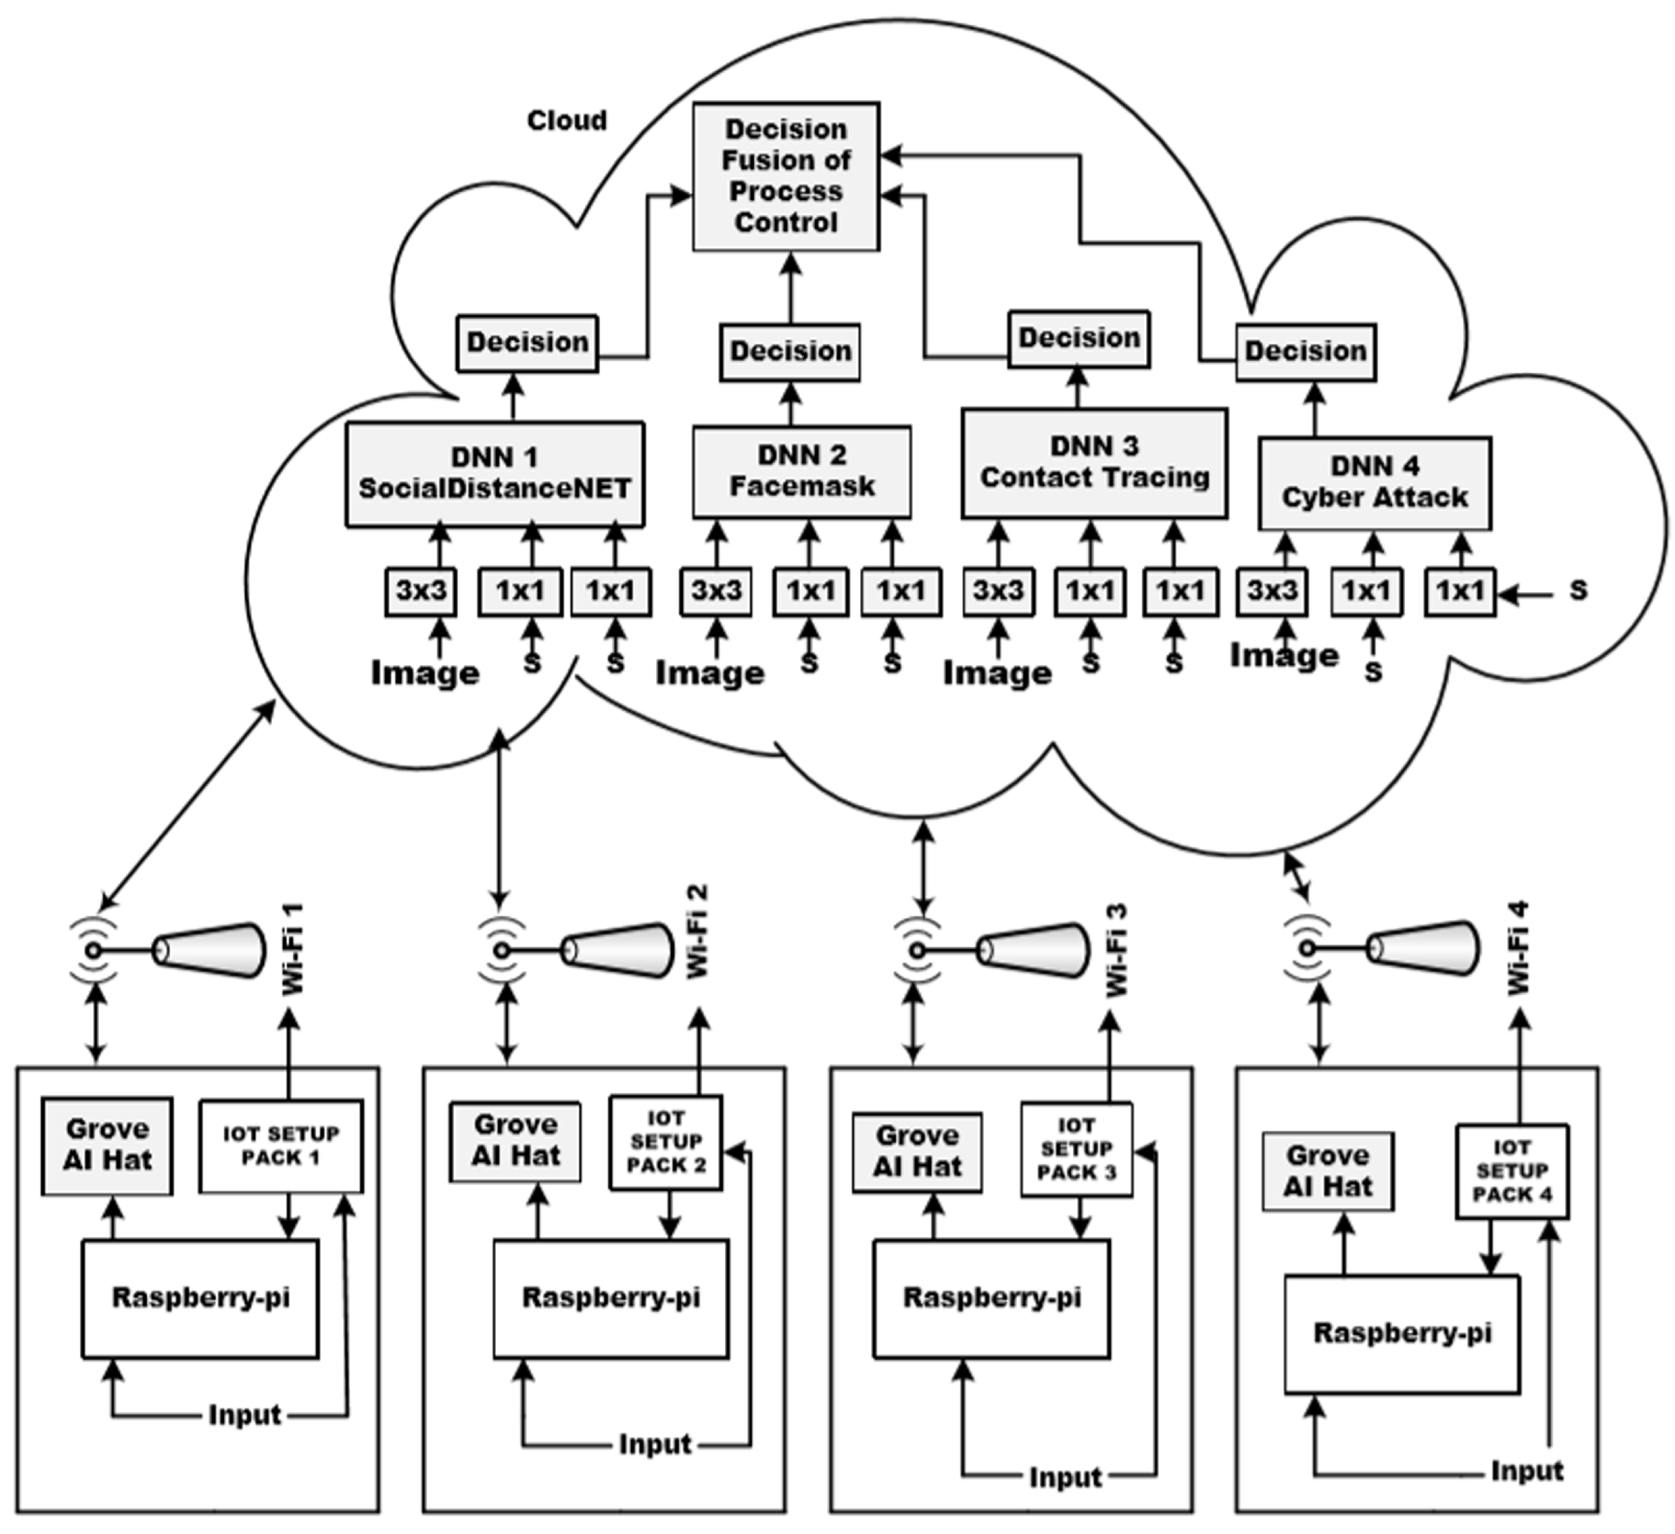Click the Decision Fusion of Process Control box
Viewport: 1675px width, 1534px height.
pos(786,176)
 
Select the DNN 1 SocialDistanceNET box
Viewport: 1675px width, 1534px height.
pos(495,474)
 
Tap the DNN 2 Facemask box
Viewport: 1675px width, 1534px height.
pos(802,472)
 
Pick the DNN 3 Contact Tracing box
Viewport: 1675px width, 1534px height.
pos(1094,463)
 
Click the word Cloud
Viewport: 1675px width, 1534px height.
pos(567,120)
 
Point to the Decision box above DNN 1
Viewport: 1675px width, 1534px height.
pos(527,342)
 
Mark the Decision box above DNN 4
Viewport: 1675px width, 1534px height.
pos(1305,351)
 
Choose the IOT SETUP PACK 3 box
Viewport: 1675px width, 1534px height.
pos(1077,1149)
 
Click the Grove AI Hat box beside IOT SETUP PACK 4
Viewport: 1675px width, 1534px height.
pos(1327,1171)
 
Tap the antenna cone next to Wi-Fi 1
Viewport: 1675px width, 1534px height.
pos(209,950)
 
